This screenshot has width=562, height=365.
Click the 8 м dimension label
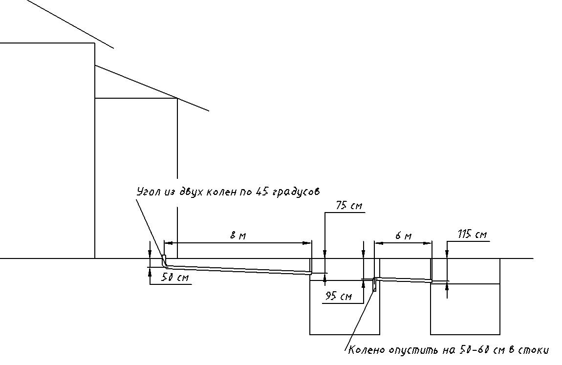(238, 236)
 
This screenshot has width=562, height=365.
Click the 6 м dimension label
(404, 236)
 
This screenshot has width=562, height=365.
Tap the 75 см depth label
(349, 206)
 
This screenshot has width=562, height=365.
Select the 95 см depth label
(338, 297)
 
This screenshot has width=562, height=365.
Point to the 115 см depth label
(472, 235)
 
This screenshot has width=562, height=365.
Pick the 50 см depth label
(175, 278)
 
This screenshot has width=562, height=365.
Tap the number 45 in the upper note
(262, 192)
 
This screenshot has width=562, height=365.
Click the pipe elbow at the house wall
(165, 262)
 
